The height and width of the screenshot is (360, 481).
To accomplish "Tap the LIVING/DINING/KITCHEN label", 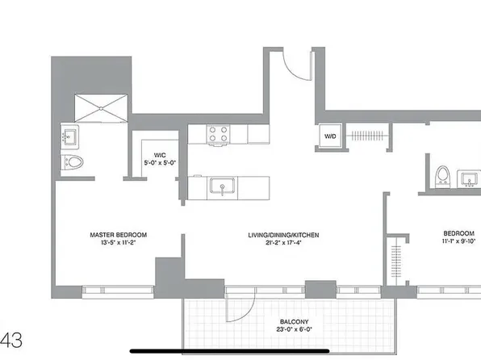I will (283, 235).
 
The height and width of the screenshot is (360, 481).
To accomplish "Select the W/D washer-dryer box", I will (330, 137).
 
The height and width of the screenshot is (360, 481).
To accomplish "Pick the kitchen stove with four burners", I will (218, 133).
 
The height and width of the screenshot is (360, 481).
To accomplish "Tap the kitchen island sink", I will (219, 187).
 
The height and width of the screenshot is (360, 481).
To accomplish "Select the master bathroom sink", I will (68, 136).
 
